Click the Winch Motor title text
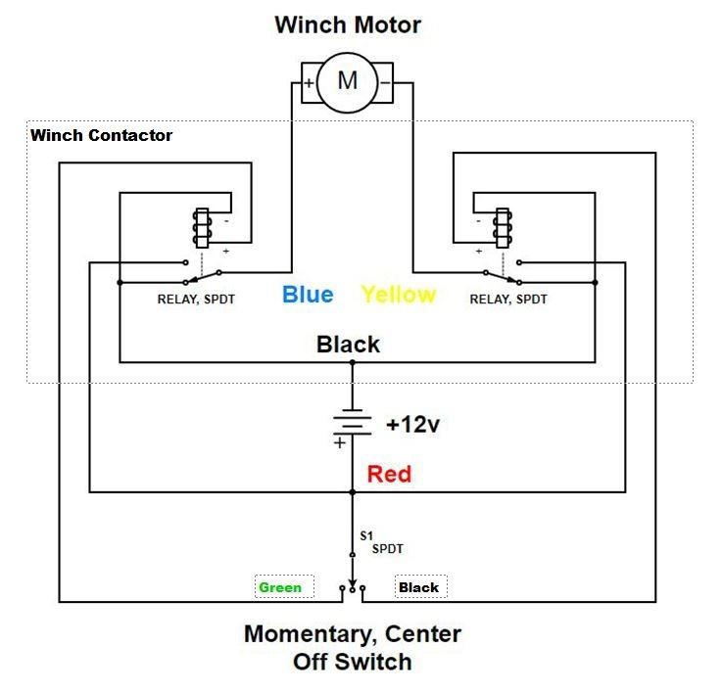[x=348, y=24]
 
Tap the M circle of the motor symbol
[x=347, y=81]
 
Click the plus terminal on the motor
[x=309, y=83]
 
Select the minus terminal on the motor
[x=385, y=83]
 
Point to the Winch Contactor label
[x=101, y=135]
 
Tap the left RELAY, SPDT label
[x=196, y=300]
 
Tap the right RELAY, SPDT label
[x=508, y=300]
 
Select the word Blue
[x=308, y=294]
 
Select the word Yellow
[x=398, y=294]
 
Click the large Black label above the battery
[x=348, y=345]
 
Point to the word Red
[x=389, y=475]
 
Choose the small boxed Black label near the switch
[x=419, y=587]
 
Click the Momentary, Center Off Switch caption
[x=352, y=647]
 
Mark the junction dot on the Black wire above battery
[x=353, y=362]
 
